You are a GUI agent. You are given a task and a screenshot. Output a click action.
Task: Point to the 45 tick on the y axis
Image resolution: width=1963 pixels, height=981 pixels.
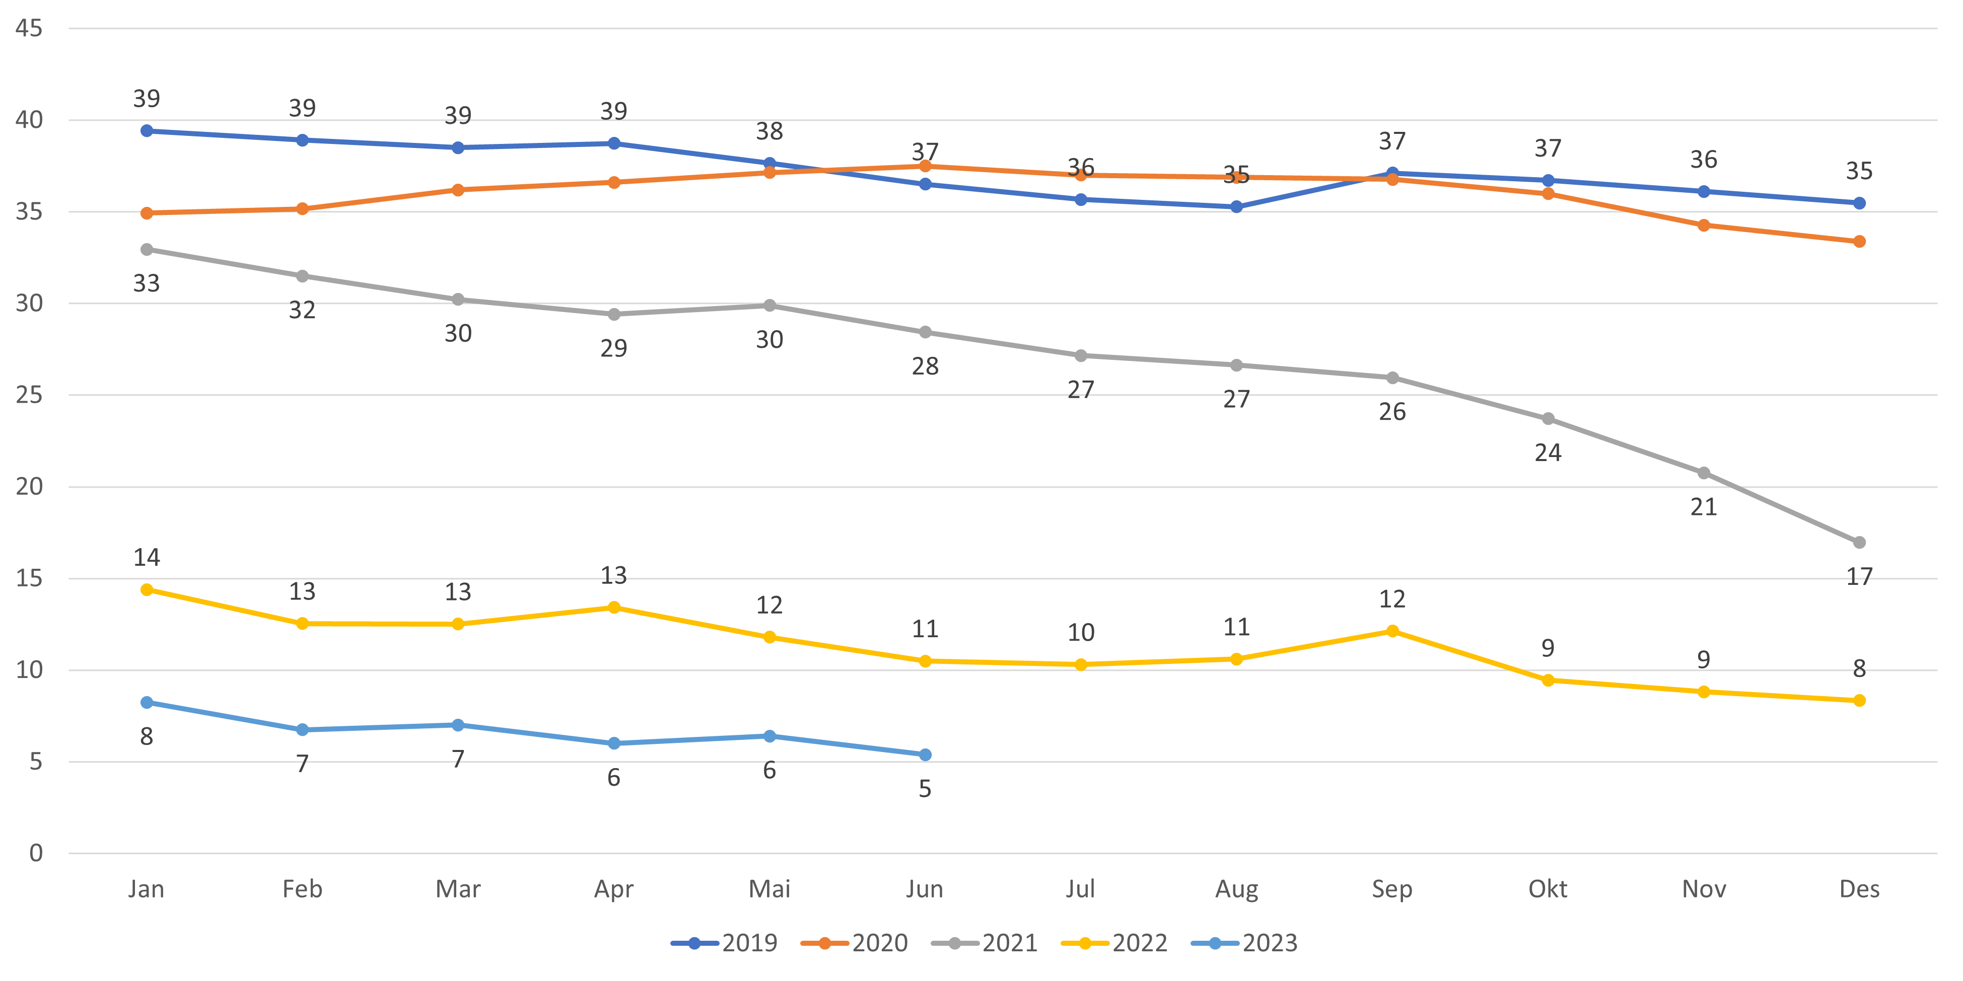pos(29,28)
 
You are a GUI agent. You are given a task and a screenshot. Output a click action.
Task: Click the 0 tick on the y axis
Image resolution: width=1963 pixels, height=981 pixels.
pos(36,853)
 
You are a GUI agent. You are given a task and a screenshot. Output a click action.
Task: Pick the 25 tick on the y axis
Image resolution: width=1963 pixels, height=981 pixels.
pos(29,395)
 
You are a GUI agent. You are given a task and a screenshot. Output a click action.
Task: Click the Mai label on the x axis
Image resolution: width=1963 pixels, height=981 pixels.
pos(769,889)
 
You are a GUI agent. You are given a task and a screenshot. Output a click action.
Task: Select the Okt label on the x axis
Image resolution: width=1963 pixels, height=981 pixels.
pos(1548,889)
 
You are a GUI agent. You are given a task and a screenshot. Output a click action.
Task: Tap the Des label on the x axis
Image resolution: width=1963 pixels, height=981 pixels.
pos(1859,889)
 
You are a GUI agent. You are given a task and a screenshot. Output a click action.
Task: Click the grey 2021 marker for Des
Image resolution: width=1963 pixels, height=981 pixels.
pos(1859,542)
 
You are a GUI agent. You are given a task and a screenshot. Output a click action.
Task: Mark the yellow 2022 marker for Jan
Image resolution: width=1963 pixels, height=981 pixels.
pos(147,589)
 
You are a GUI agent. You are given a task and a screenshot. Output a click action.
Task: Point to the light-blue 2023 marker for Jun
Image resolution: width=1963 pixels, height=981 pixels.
pos(925,755)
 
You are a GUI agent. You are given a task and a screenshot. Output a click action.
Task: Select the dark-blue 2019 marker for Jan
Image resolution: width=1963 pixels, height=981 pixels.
pos(147,131)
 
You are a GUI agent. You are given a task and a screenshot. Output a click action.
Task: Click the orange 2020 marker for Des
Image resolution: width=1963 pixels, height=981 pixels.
pos(1859,242)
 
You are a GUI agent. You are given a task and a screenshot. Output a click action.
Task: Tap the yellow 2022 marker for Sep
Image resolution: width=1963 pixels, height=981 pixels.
pos(1392,631)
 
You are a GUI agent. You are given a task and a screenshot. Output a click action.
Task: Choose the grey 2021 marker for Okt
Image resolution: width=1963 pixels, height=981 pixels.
pos(1548,419)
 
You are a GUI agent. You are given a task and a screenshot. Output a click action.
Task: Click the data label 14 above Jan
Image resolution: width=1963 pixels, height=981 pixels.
pos(147,558)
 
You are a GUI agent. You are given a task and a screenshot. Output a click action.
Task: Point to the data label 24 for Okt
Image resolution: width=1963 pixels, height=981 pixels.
pos(1548,453)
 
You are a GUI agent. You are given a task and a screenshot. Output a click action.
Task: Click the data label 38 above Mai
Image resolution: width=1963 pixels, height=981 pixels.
pos(769,132)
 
